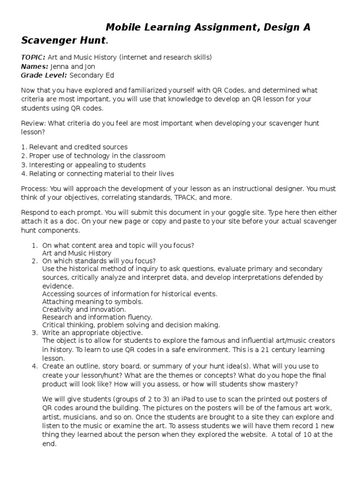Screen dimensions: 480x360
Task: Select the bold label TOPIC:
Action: click(33, 57)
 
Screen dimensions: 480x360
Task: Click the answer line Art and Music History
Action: click(76, 253)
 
